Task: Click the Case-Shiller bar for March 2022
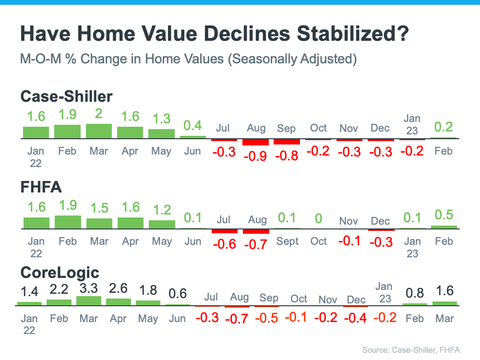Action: [98, 131]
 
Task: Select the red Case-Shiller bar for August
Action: [255, 142]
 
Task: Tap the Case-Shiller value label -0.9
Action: [255, 156]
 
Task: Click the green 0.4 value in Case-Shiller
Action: [192, 125]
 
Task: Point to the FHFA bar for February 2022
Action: [68, 222]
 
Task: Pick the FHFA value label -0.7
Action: [256, 244]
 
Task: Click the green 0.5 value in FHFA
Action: [444, 215]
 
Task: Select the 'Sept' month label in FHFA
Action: [287, 241]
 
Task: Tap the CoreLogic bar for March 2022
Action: [89, 301]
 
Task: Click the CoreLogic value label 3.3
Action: [89, 288]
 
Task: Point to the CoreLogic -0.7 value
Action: [237, 319]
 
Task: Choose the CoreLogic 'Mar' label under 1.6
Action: [444, 319]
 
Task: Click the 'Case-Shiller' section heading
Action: [66, 96]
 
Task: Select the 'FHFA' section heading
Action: [41, 187]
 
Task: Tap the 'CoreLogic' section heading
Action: [60, 273]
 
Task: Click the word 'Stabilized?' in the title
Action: [353, 34]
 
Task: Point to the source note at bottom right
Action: [411, 350]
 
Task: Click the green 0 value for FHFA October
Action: [318, 218]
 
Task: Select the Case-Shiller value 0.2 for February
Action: [443, 127]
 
